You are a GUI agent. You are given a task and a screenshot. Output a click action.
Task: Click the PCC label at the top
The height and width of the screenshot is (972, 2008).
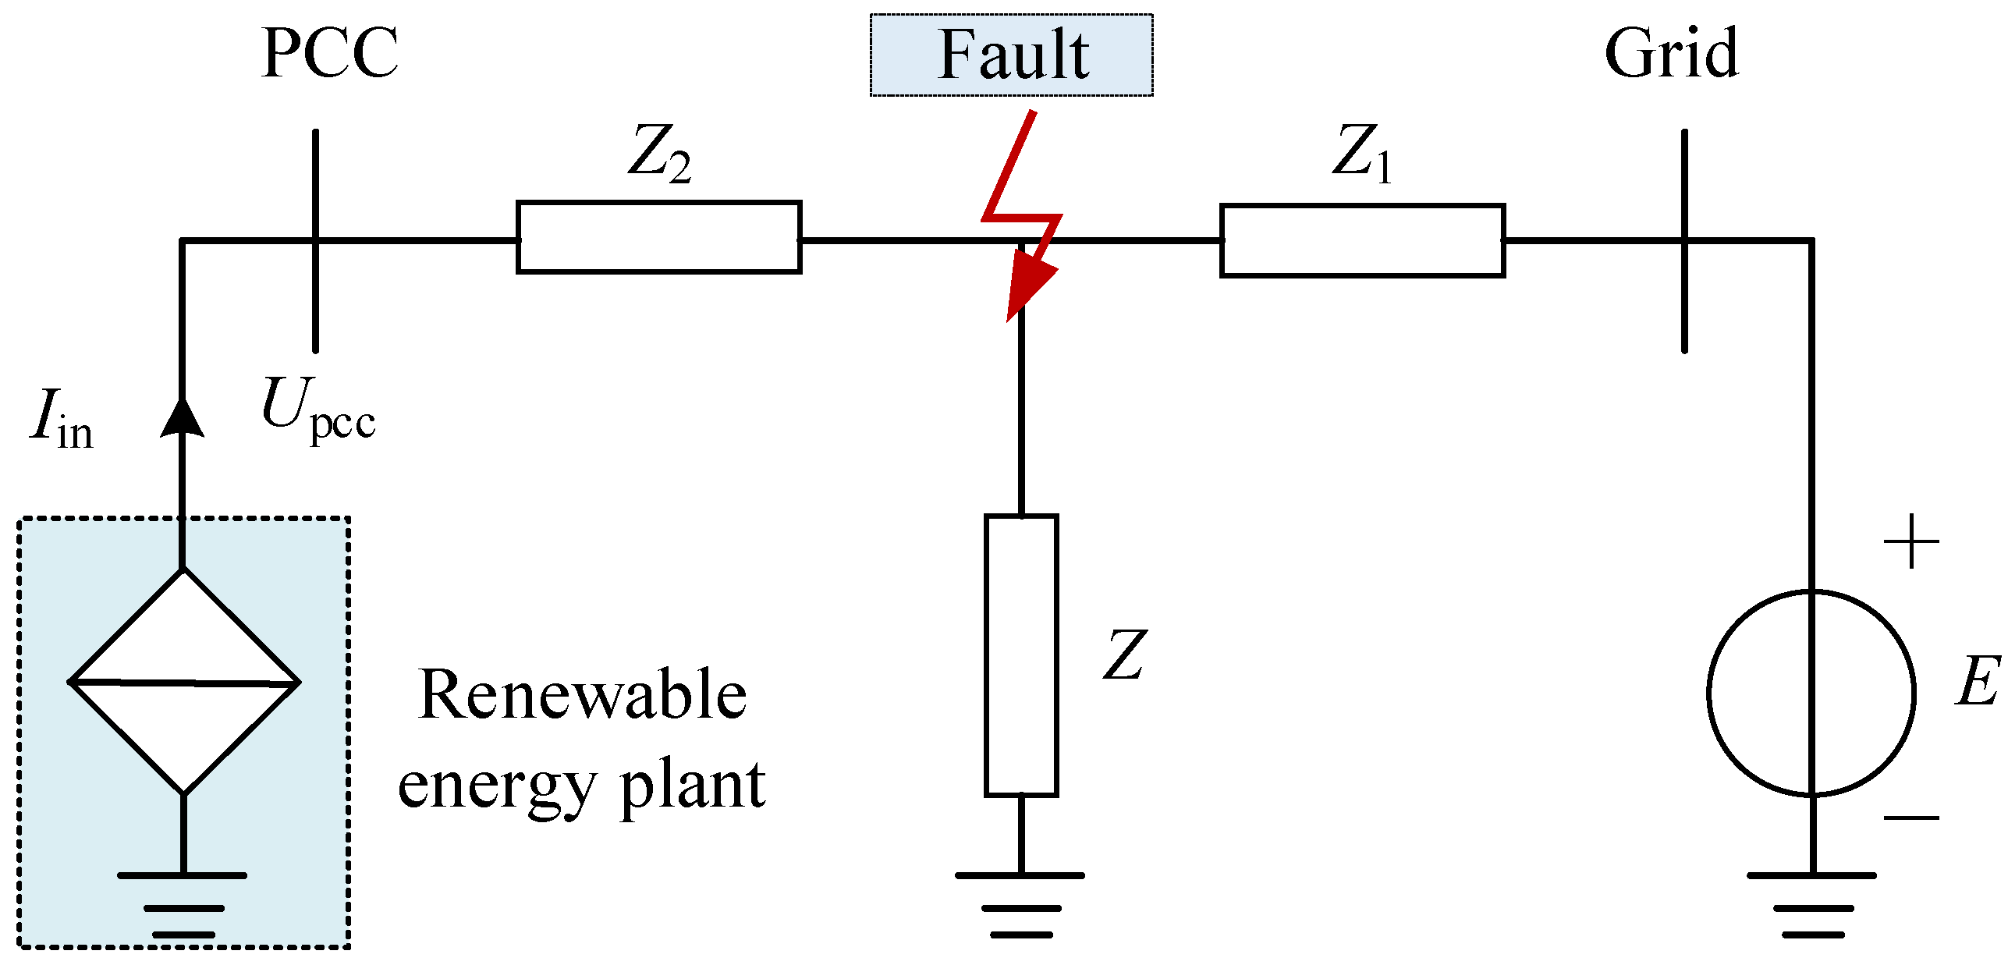[329, 53]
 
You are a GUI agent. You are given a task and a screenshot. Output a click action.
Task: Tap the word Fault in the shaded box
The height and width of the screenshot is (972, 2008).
[1013, 55]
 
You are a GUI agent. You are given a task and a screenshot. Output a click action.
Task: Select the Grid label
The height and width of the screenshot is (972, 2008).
[1671, 53]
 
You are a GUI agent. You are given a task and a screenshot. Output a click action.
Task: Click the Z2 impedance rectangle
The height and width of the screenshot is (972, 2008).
[658, 237]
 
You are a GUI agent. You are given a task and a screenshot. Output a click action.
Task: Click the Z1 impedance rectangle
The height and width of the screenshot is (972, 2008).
[1362, 240]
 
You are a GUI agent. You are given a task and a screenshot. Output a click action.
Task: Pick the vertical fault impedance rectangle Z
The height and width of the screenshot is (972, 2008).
[1020, 655]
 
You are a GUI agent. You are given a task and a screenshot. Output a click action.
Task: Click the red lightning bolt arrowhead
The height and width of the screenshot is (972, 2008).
[1028, 286]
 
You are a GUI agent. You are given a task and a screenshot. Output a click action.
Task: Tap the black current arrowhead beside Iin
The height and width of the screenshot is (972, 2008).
[182, 418]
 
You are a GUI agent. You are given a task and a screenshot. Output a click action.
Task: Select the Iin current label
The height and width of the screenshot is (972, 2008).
[61, 420]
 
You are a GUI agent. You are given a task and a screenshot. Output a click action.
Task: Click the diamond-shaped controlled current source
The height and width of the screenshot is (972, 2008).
[184, 682]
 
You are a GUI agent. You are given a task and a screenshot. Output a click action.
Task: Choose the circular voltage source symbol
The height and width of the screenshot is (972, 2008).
[1811, 693]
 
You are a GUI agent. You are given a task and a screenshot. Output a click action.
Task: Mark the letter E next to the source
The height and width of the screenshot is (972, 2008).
[1977, 680]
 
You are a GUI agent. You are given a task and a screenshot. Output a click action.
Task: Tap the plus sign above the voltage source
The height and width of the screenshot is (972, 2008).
[1911, 541]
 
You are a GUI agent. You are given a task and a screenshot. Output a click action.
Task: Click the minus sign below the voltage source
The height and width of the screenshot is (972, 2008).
[1911, 818]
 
